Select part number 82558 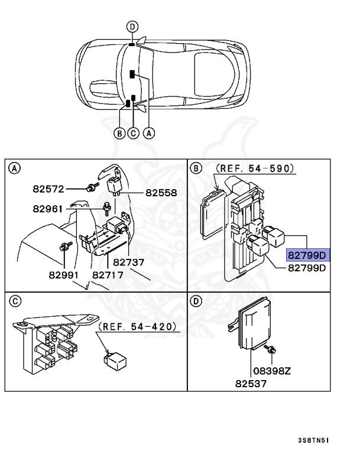(x=161, y=193)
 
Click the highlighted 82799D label (x=307, y=255)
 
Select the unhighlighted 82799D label (x=307, y=268)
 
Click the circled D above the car (x=132, y=26)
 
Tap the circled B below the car (x=119, y=133)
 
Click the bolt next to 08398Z (x=270, y=350)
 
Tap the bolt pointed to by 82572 (x=91, y=188)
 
